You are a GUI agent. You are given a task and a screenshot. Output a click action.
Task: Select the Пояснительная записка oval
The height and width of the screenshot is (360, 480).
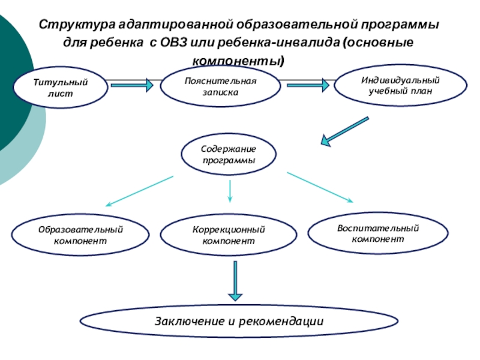tap(220, 87)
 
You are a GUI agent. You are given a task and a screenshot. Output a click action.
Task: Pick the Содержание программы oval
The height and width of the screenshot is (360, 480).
tap(229, 155)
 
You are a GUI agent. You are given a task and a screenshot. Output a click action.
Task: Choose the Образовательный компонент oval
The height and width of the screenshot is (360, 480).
tap(80, 235)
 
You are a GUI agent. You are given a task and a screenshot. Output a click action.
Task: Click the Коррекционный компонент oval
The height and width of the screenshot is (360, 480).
tap(229, 235)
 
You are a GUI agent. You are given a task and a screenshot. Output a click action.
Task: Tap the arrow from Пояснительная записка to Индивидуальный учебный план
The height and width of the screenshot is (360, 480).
tap(307, 85)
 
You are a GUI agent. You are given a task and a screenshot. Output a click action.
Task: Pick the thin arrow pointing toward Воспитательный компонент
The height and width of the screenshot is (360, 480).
tap(321, 187)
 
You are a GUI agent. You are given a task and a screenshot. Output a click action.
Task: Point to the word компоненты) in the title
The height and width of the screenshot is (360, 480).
tap(238, 61)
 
